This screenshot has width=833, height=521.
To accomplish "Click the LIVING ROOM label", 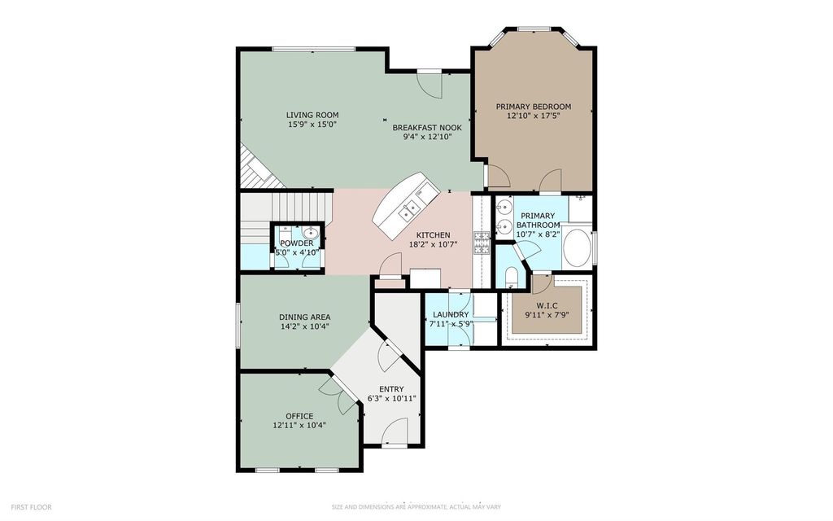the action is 312,115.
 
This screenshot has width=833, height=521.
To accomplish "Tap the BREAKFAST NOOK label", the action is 426,128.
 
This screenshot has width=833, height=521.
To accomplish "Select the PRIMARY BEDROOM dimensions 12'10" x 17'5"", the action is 534,116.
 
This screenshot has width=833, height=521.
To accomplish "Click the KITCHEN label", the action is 433,235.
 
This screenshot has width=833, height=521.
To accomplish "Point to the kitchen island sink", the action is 410,211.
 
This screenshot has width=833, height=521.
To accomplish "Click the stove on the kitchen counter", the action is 482,243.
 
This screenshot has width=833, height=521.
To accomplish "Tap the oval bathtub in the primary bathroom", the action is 577,247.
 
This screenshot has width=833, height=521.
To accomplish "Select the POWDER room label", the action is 297,243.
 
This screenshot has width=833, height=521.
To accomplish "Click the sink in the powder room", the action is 310,234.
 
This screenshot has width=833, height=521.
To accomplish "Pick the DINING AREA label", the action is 305,317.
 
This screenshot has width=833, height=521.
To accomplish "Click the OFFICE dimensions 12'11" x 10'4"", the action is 299,425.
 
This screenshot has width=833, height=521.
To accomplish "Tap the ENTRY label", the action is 391,389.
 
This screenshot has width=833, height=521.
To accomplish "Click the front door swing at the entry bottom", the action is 395,430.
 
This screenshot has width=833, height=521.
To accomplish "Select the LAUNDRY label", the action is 451,315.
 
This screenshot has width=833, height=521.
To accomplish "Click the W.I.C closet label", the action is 547,305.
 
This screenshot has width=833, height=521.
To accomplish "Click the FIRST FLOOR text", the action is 32,507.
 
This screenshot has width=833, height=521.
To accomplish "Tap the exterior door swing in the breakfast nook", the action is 430,85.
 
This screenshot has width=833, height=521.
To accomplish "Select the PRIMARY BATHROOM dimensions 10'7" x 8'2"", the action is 539,234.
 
